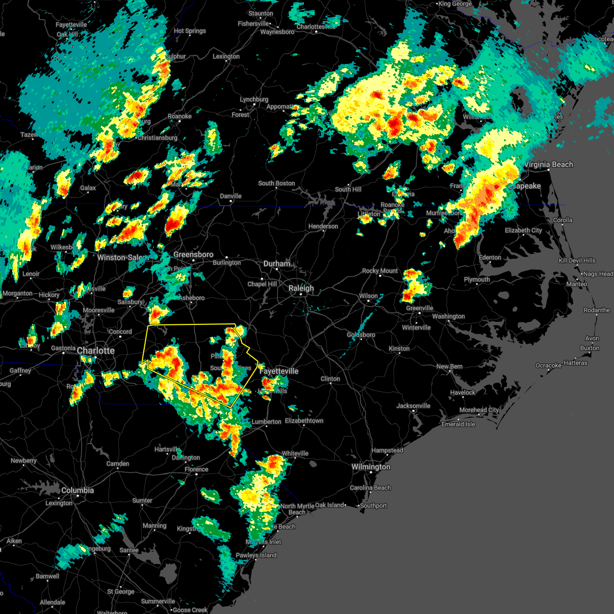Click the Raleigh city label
pyautogui.click(x=301, y=288)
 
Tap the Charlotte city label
pyautogui.click(x=96, y=350)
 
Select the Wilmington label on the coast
pyautogui.click(x=370, y=467)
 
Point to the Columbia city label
pyautogui.click(x=78, y=490)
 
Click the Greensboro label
pyautogui.click(x=193, y=254)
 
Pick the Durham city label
pyautogui.click(x=276, y=264)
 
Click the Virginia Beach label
pyautogui.click(x=548, y=164)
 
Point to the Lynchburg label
pyautogui.click(x=254, y=99)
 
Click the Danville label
pyautogui.click(x=231, y=196)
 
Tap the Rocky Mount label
pyautogui.click(x=380, y=271)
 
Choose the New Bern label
pyautogui.click(x=449, y=366)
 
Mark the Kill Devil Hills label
pyautogui.click(x=577, y=260)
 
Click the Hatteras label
pyautogui.click(x=575, y=363)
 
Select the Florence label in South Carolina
pyautogui.click(x=196, y=469)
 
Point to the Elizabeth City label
pyautogui.click(x=523, y=230)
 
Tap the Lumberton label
pyautogui.click(x=267, y=422)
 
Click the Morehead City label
pyautogui.click(x=479, y=410)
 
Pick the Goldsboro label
pyautogui.click(x=361, y=335)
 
